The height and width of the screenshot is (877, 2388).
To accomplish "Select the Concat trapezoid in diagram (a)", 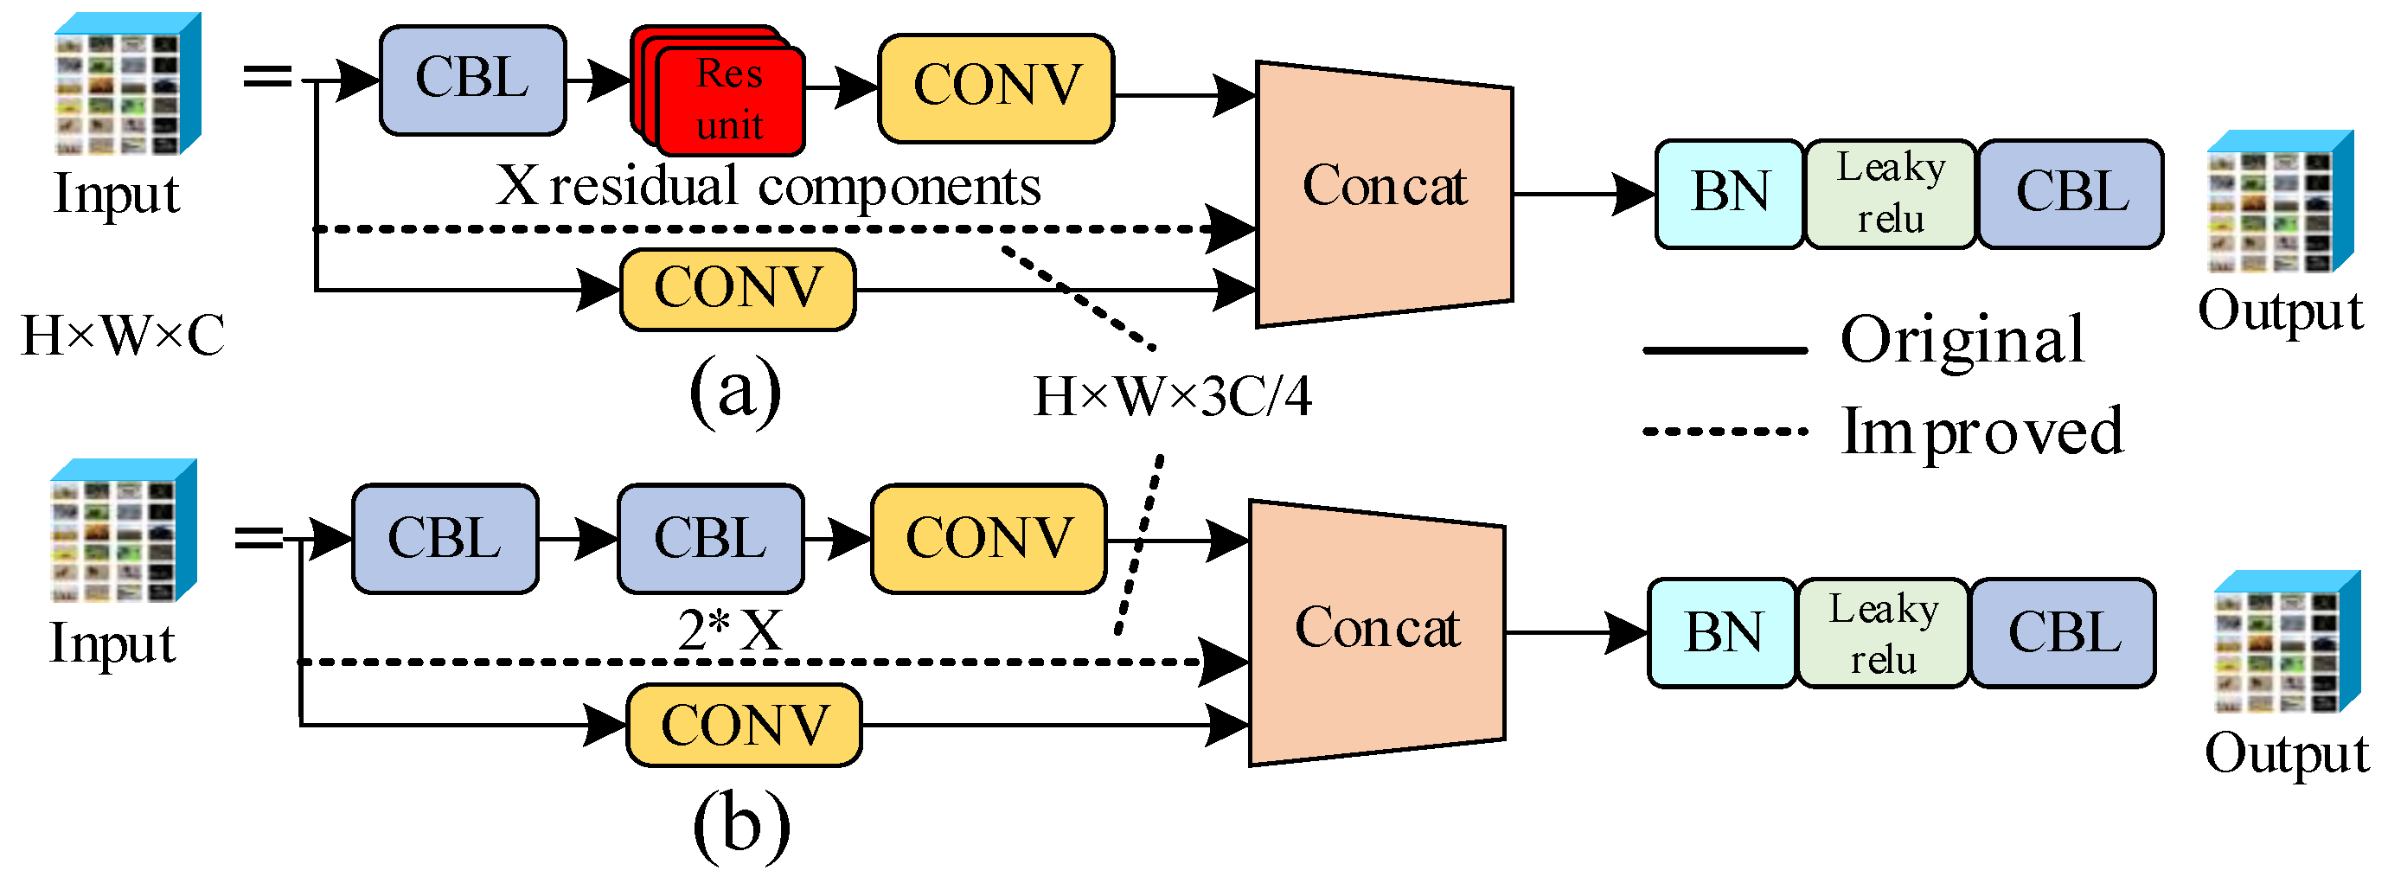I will [x=1384, y=193].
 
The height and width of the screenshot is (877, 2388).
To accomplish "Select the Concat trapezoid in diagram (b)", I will [x=1377, y=632].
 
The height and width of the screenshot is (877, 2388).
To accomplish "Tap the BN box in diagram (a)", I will [x=1730, y=194].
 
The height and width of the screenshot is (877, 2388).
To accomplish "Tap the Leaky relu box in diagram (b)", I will [x=1883, y=633].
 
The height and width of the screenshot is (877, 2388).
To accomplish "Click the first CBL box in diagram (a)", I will [x=472, y=80].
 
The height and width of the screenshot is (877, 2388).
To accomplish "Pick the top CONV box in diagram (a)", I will [x=996, y=87].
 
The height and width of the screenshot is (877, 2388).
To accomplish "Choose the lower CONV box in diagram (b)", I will [x=745, y=725].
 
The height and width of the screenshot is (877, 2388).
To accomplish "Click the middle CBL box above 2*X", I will [x=710, y=539].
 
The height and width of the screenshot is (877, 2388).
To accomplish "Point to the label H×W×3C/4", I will [x=1172, y=397].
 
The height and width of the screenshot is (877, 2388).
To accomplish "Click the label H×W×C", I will [x=122, y=336].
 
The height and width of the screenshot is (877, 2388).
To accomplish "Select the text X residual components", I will [x=767, y=186].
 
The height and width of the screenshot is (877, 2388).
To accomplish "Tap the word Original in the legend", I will [x=1962, y=340].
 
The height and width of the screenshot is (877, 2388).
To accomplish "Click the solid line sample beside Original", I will [x=1725, y=350].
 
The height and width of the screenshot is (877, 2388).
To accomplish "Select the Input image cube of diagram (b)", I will [x=124, y=531].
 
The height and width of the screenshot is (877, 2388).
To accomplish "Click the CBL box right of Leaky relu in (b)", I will [x=2064, y=633].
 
